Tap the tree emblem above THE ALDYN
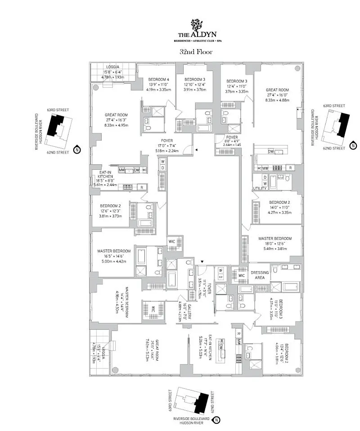tap(196, 25)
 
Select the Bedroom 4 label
tap(158, 79)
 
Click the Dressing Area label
tap(260, 275)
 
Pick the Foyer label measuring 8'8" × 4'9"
tap(232, 137)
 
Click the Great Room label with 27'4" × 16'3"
tap(116, 115)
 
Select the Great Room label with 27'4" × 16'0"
tap(277, 90)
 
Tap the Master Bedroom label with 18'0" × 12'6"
tap(274, 239)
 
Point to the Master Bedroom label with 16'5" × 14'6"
tap(114, 251)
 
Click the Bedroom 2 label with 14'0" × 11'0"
tap(279, 202)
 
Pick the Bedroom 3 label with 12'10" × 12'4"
tap(195, 79)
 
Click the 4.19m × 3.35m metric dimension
tap(158, 89)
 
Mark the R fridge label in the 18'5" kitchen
tap(142, 187)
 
